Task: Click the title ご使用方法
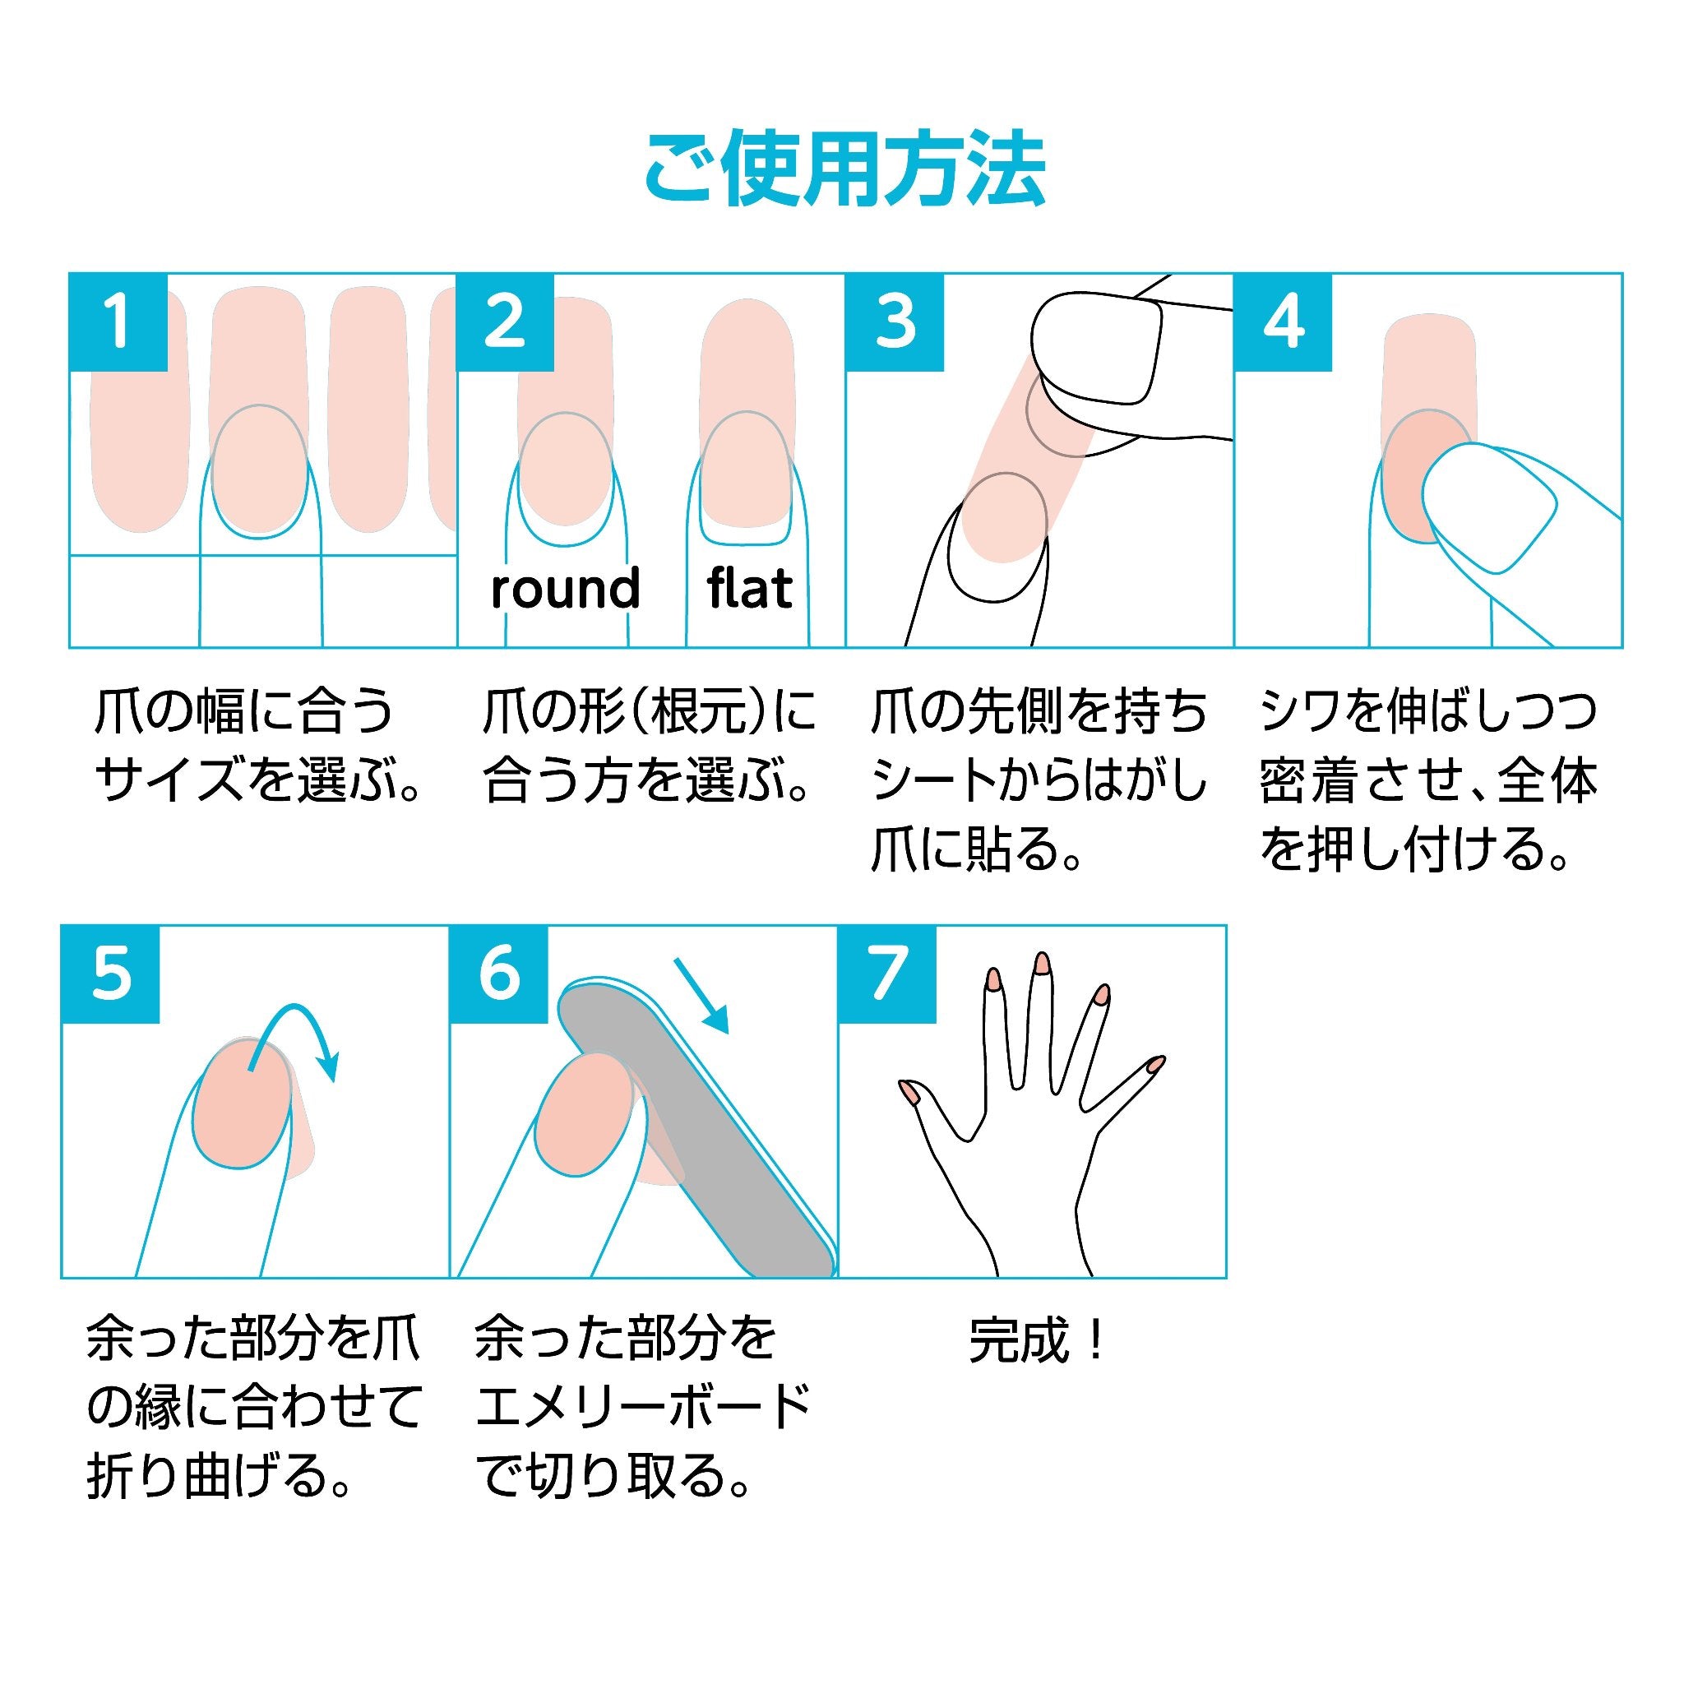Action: [844, 169]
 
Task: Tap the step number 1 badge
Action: [118, 322]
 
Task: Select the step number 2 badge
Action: [506, 322]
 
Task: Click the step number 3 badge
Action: [895, 322]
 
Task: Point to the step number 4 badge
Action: [1283, 322]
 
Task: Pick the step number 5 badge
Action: [111, 974]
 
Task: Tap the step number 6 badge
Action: [498, 974]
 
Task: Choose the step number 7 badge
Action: [887, 974]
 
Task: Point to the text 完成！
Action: [1037, 1339]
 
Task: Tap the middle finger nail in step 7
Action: [1041, 961]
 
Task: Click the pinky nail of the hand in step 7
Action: [1155, 1062]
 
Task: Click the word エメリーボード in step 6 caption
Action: [643, 1406]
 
